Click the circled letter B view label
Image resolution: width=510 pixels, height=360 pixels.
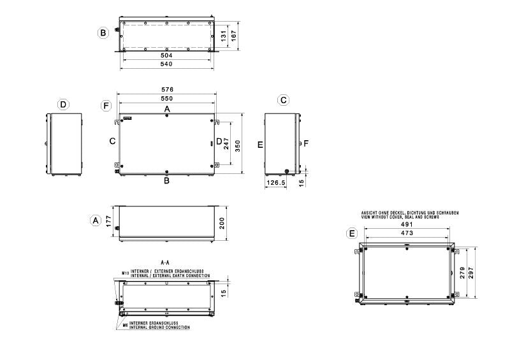click(x=103, y=32)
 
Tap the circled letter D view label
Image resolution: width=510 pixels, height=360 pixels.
click(x=63, y=104)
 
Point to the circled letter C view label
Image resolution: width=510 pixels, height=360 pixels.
click(x=283, y=100)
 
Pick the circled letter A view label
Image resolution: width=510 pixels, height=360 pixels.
click(x=95, y=220)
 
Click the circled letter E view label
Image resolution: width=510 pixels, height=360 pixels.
click(x=351, y=234)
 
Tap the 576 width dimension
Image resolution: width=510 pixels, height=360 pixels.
click(x=167, y=90)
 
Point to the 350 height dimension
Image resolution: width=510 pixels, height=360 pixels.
click(x=238, y=146)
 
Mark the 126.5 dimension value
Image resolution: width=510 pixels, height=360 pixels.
click(x=276, y=182)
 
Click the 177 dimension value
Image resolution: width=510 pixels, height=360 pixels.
click(x=109, y=222)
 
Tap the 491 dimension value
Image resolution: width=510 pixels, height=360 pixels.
click(x=407, y=224)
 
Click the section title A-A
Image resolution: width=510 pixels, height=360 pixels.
click(x=164, y=262)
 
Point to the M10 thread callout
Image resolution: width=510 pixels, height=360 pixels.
click(x=125, y=272)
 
